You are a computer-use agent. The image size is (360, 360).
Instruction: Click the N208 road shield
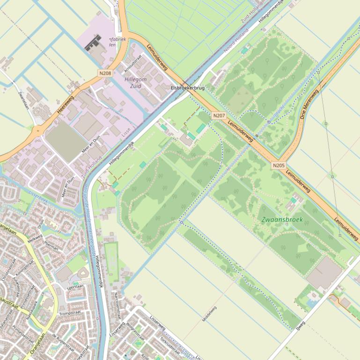(105, 73)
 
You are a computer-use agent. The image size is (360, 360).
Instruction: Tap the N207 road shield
(219, 115)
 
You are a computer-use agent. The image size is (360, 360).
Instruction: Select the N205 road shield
(278, 165)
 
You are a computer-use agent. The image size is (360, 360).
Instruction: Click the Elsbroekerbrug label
(188, 88)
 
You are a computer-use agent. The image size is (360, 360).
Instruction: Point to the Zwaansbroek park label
(282, 219)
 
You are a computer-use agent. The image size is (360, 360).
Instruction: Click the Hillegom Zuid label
(135, 83)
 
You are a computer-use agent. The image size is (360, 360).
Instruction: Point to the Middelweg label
(209, 314)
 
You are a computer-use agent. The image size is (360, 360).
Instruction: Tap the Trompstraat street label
(71, 313)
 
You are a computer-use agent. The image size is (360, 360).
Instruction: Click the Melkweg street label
(35, 238)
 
